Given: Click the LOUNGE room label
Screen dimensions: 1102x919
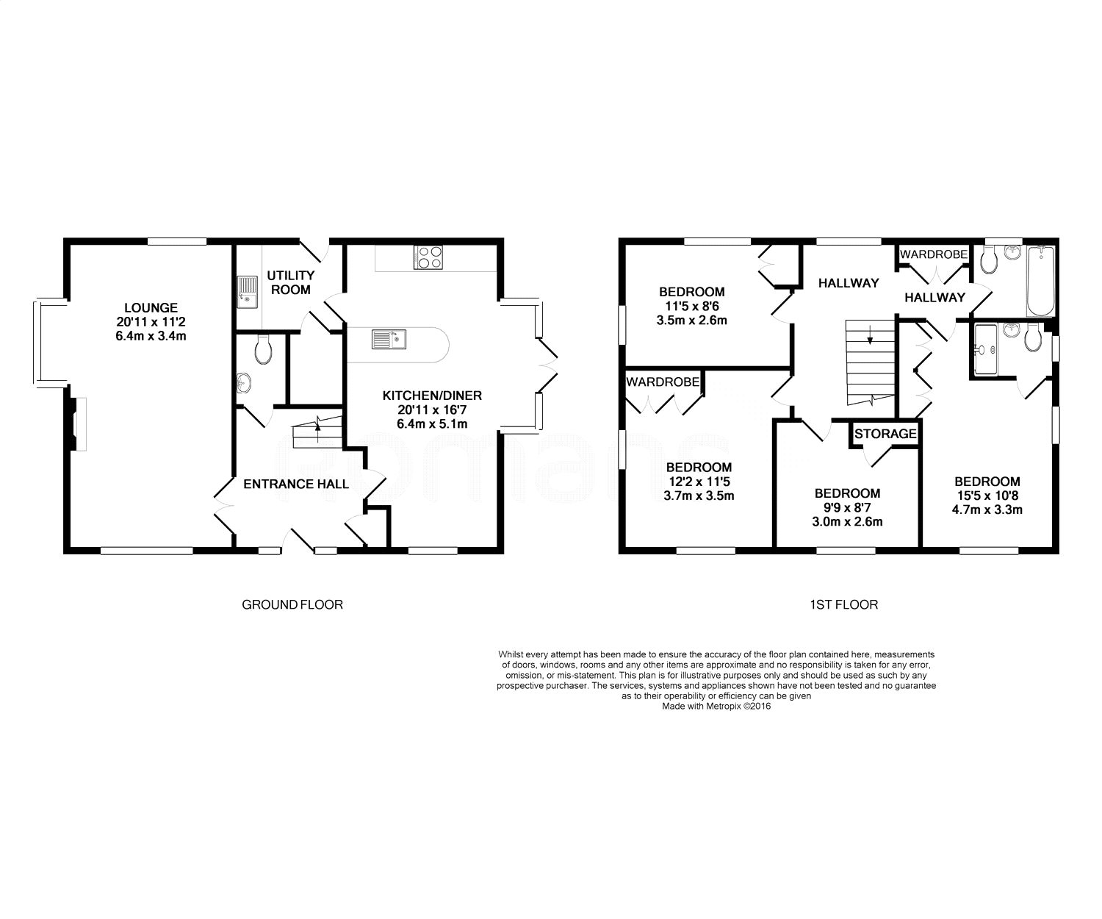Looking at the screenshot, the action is (151, 307).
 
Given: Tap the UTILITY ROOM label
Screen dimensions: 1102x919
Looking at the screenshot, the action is (290, 282).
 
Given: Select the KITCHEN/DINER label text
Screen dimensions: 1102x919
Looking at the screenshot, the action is (432, 396).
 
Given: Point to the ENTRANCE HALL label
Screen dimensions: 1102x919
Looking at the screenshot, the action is (295, 484).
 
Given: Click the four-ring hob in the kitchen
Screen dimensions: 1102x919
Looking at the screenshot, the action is (428, 258).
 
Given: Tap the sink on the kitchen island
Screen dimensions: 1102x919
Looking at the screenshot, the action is (389, 339).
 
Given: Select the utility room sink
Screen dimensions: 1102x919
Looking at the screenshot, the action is (247, 292).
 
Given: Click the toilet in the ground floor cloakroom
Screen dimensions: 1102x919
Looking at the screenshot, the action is (263, 351).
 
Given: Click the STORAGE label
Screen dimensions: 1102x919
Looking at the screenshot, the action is (885, 434).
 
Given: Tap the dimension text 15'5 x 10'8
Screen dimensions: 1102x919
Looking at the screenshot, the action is (987, 496).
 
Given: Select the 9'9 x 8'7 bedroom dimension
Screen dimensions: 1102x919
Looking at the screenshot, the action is (847, 507).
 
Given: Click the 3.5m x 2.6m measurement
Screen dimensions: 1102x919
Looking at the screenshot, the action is (691, 320).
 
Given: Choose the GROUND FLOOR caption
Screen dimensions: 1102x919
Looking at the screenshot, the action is (292, 605).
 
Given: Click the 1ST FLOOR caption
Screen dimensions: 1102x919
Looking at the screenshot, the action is (844, 605).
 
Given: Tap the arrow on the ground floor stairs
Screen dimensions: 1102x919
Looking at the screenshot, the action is (317, 423).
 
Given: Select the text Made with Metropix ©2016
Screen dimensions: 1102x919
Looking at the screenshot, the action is (716, 706).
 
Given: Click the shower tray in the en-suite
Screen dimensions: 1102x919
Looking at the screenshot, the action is (985, 350).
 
